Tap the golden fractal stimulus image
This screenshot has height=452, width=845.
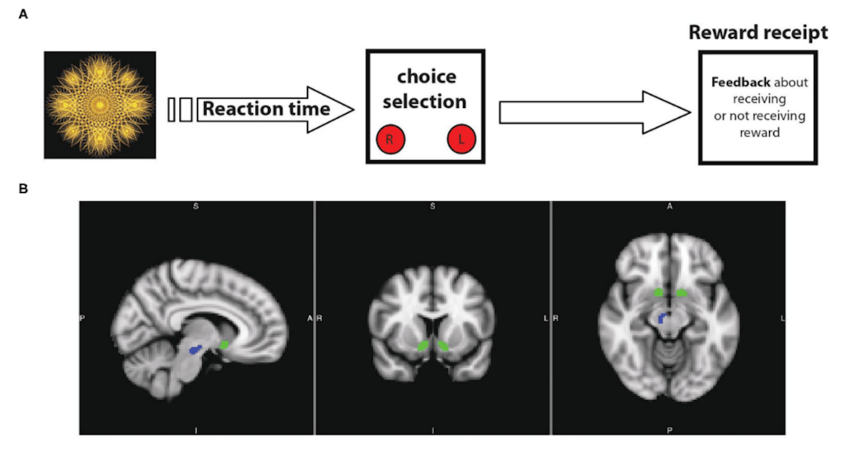[x=100, y=105]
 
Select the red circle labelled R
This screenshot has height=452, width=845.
[x=389, y=140]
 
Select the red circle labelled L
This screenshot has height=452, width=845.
[x=460, y=140]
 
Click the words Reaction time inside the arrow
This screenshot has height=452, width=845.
[x=266, y=109]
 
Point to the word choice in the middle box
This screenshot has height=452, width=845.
[x=426, y=77]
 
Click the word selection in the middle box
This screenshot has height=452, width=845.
[x=426, y=101]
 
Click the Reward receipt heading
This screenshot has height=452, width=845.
[x=758, y=32]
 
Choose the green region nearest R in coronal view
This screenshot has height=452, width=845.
[x=423, y=346]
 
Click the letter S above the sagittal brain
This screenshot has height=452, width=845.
[x=196, y=207]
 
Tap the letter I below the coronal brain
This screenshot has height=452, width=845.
[x=432, y=430]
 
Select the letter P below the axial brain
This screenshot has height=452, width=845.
[x=668, y=430]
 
